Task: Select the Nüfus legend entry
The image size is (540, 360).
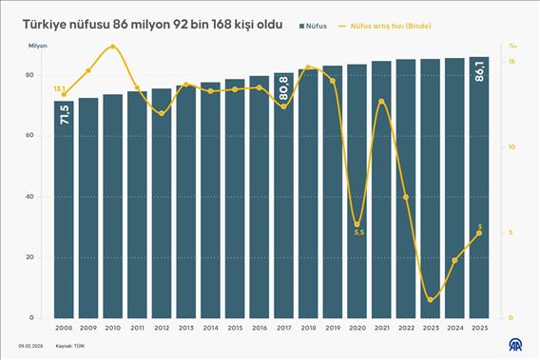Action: [310, 26]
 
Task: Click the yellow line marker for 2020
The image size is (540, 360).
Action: [357, 224]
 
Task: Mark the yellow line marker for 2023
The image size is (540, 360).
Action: [431, 300]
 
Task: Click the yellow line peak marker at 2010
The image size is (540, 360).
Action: [113, 47]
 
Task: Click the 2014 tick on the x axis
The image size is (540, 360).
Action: [211, 327]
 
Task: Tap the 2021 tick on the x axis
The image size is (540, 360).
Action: [381, 327]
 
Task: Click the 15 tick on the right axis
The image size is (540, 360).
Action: [511, 62]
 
